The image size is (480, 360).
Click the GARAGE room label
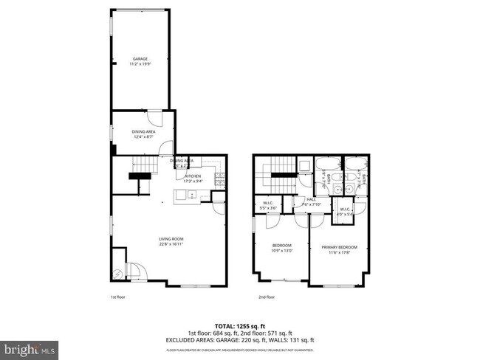(140, 58)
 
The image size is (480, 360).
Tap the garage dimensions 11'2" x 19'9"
(140, 63)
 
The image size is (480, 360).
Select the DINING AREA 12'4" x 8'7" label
(144, 134)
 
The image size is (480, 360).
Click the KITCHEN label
(193, 176)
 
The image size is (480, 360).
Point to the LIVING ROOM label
(171, 238)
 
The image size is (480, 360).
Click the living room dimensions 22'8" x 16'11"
(171, 243)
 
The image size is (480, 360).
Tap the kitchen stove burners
(219, 179)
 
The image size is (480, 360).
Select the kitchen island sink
(191, 196)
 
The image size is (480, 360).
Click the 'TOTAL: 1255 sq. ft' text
(240, 325)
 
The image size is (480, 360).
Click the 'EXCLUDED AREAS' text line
(240, 339)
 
